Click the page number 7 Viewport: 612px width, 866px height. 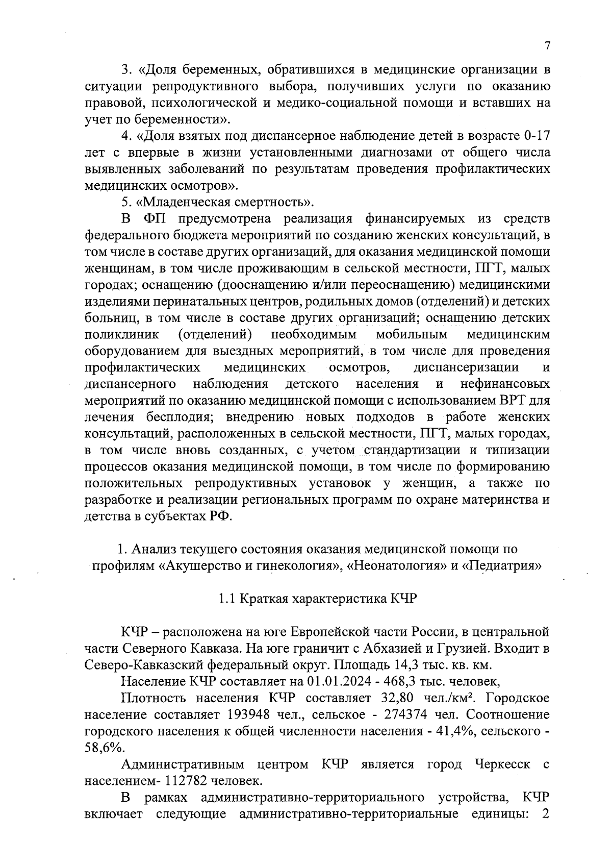click(547, 46)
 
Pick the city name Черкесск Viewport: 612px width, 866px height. click(502, 764)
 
